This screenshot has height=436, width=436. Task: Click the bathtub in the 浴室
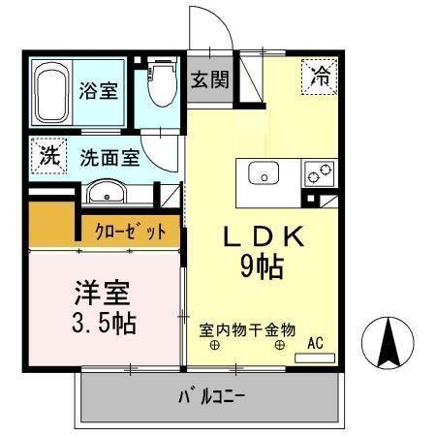[x=51, y=93]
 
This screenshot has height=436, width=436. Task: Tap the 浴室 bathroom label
[x=100, y=91]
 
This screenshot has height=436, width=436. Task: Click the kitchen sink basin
[x=264, y=174]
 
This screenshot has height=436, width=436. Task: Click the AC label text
[x=315, y=341]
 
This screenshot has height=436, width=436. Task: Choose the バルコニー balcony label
[x=210, y=396]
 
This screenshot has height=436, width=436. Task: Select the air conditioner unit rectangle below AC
[x=313, y=358]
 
